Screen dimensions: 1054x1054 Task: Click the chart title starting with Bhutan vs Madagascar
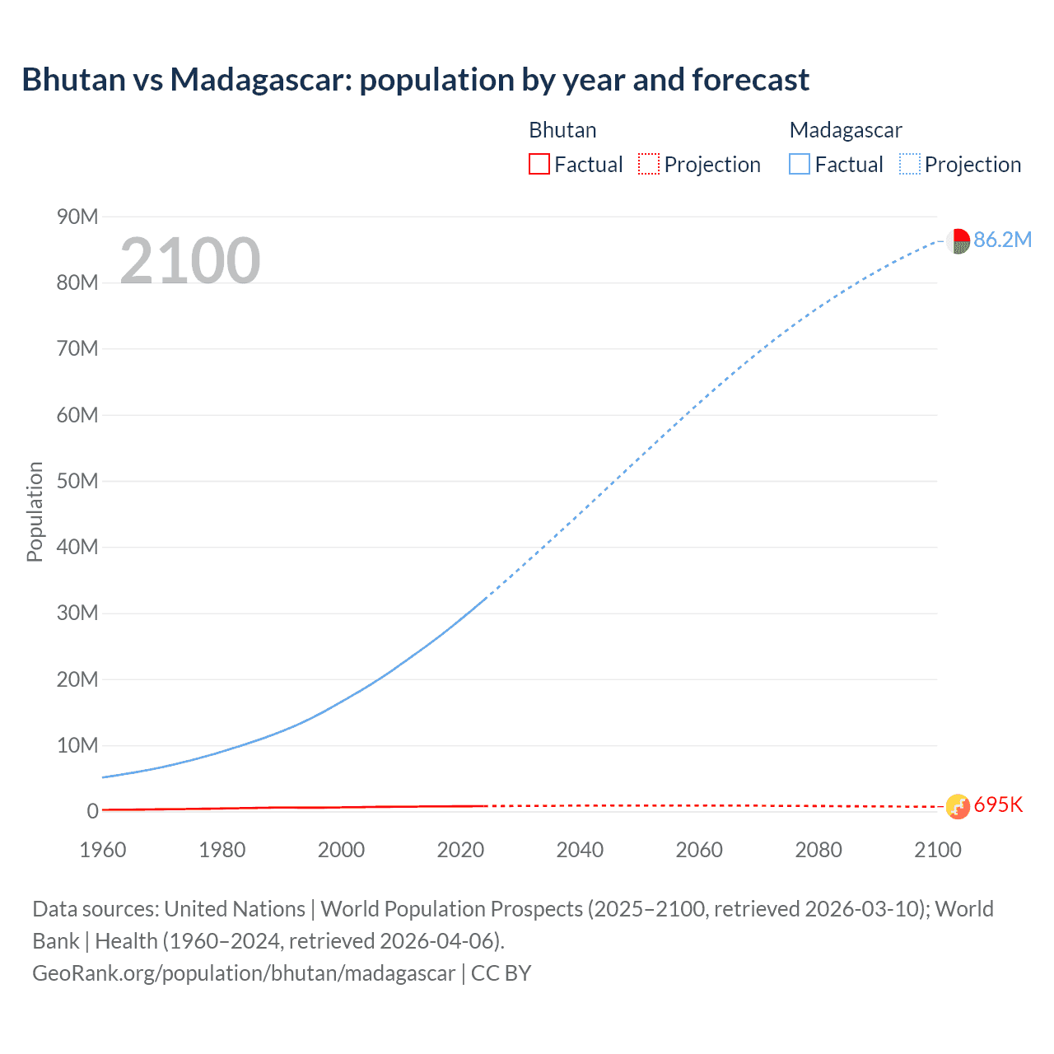point(415,80)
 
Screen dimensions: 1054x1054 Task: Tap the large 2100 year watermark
point(190,261)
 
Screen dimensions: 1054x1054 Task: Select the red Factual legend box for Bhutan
point(539,164)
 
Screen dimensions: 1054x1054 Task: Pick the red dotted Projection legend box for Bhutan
point(648,164)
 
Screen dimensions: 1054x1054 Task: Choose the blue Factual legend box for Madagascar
point(799,164)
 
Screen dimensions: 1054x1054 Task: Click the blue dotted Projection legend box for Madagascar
point(909,164)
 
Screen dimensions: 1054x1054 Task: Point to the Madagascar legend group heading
point(845,130)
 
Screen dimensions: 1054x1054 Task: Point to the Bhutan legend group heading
point(562,130)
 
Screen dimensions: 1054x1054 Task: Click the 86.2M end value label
point(1002,240)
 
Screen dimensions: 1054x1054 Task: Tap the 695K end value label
point(998,804)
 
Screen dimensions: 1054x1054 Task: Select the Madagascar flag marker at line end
point(958,241)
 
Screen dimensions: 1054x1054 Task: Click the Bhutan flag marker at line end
point(958,807)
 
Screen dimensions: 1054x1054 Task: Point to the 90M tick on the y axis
point(77,217)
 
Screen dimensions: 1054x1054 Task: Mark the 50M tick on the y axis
point(77,481)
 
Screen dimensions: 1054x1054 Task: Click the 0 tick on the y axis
point(92,811)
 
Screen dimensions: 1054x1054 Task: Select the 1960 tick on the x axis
point(103,850)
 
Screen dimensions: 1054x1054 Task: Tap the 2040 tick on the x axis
point(580,850)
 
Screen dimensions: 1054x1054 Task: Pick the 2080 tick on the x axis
point(818,850)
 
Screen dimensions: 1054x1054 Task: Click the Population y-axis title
point(35,511)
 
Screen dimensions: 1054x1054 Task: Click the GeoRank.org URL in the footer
point(244,973)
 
